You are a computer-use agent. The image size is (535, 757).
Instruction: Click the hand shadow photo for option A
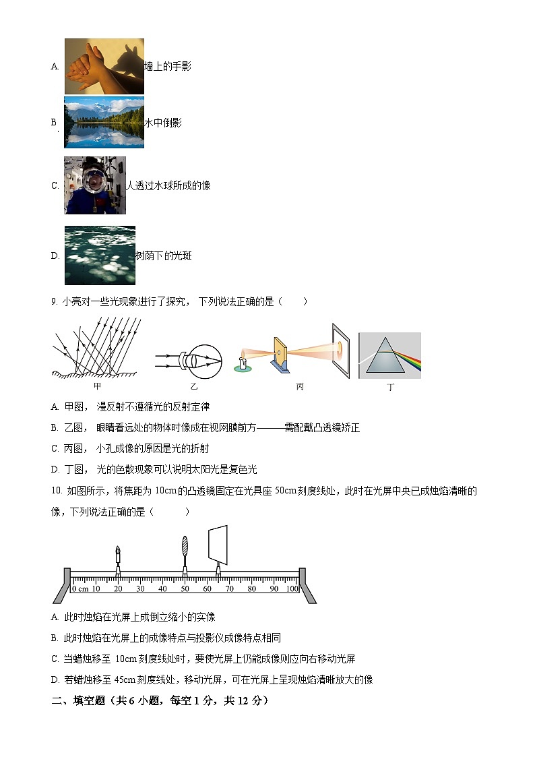pos(104,66)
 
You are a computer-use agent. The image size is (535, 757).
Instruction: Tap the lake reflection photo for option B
pos(104,122)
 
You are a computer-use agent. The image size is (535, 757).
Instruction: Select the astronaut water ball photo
pos(95,185)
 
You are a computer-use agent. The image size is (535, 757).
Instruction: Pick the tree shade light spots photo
pos(100,255)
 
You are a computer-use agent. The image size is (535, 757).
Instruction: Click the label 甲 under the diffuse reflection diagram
pos(98,386)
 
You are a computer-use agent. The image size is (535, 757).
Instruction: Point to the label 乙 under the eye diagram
pos(194,386)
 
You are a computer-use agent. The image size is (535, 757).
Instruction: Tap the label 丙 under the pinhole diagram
pos(300,386)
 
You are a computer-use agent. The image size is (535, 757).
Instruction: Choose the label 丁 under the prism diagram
pos(391,388)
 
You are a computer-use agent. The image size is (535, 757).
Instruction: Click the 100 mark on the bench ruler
pos(292,588)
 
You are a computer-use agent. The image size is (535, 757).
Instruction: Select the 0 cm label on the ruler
pos(80,588)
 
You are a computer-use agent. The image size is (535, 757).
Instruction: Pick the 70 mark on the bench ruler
pos(229,588)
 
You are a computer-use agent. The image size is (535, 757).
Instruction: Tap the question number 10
pos(57,491)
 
